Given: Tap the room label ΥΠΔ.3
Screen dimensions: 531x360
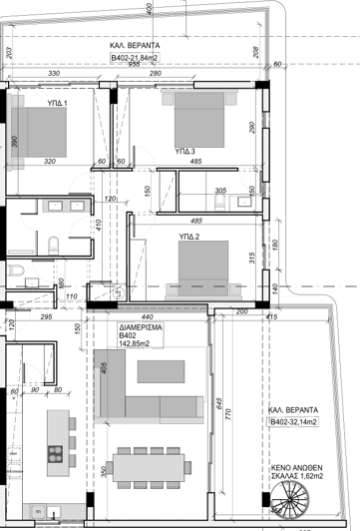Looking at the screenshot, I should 184,152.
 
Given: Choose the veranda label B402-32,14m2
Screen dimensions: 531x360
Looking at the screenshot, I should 292,423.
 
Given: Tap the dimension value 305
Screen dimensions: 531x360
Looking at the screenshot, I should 220,191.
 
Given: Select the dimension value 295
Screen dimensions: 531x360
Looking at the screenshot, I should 46,316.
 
